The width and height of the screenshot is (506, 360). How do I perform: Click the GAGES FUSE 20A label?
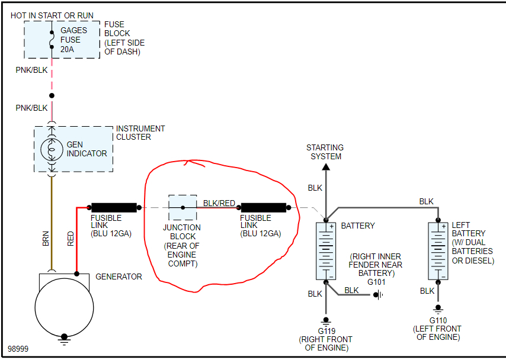click(x=73, y=40)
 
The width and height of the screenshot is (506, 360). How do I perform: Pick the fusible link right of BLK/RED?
click(x=264, y=207)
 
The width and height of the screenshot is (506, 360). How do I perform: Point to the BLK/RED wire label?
click(x=219, y=203)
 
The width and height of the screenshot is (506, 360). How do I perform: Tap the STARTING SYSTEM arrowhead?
click(x=325, y=167)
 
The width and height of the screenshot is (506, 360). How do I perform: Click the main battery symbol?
click(x=325, y=250)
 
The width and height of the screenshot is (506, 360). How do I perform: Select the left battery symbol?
click(x=438, y=250)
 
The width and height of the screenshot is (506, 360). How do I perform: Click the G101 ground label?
click(x=376, y=282)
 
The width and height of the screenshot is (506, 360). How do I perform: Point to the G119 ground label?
click(x=325, y=331)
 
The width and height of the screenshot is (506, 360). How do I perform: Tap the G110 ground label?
click(x=438, y=320)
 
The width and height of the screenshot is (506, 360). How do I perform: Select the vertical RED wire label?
click(x=71, y=239)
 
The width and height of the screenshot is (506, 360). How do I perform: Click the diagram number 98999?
click(x=18, y=349)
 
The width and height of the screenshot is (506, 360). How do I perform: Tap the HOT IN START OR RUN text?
click(x=52, y=15)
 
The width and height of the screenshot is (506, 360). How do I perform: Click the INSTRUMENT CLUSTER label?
click(x=140, y=133)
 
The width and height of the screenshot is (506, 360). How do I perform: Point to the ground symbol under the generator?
click(x=64, y=340)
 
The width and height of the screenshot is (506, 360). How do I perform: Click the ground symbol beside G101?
click(x=377, y=294)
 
